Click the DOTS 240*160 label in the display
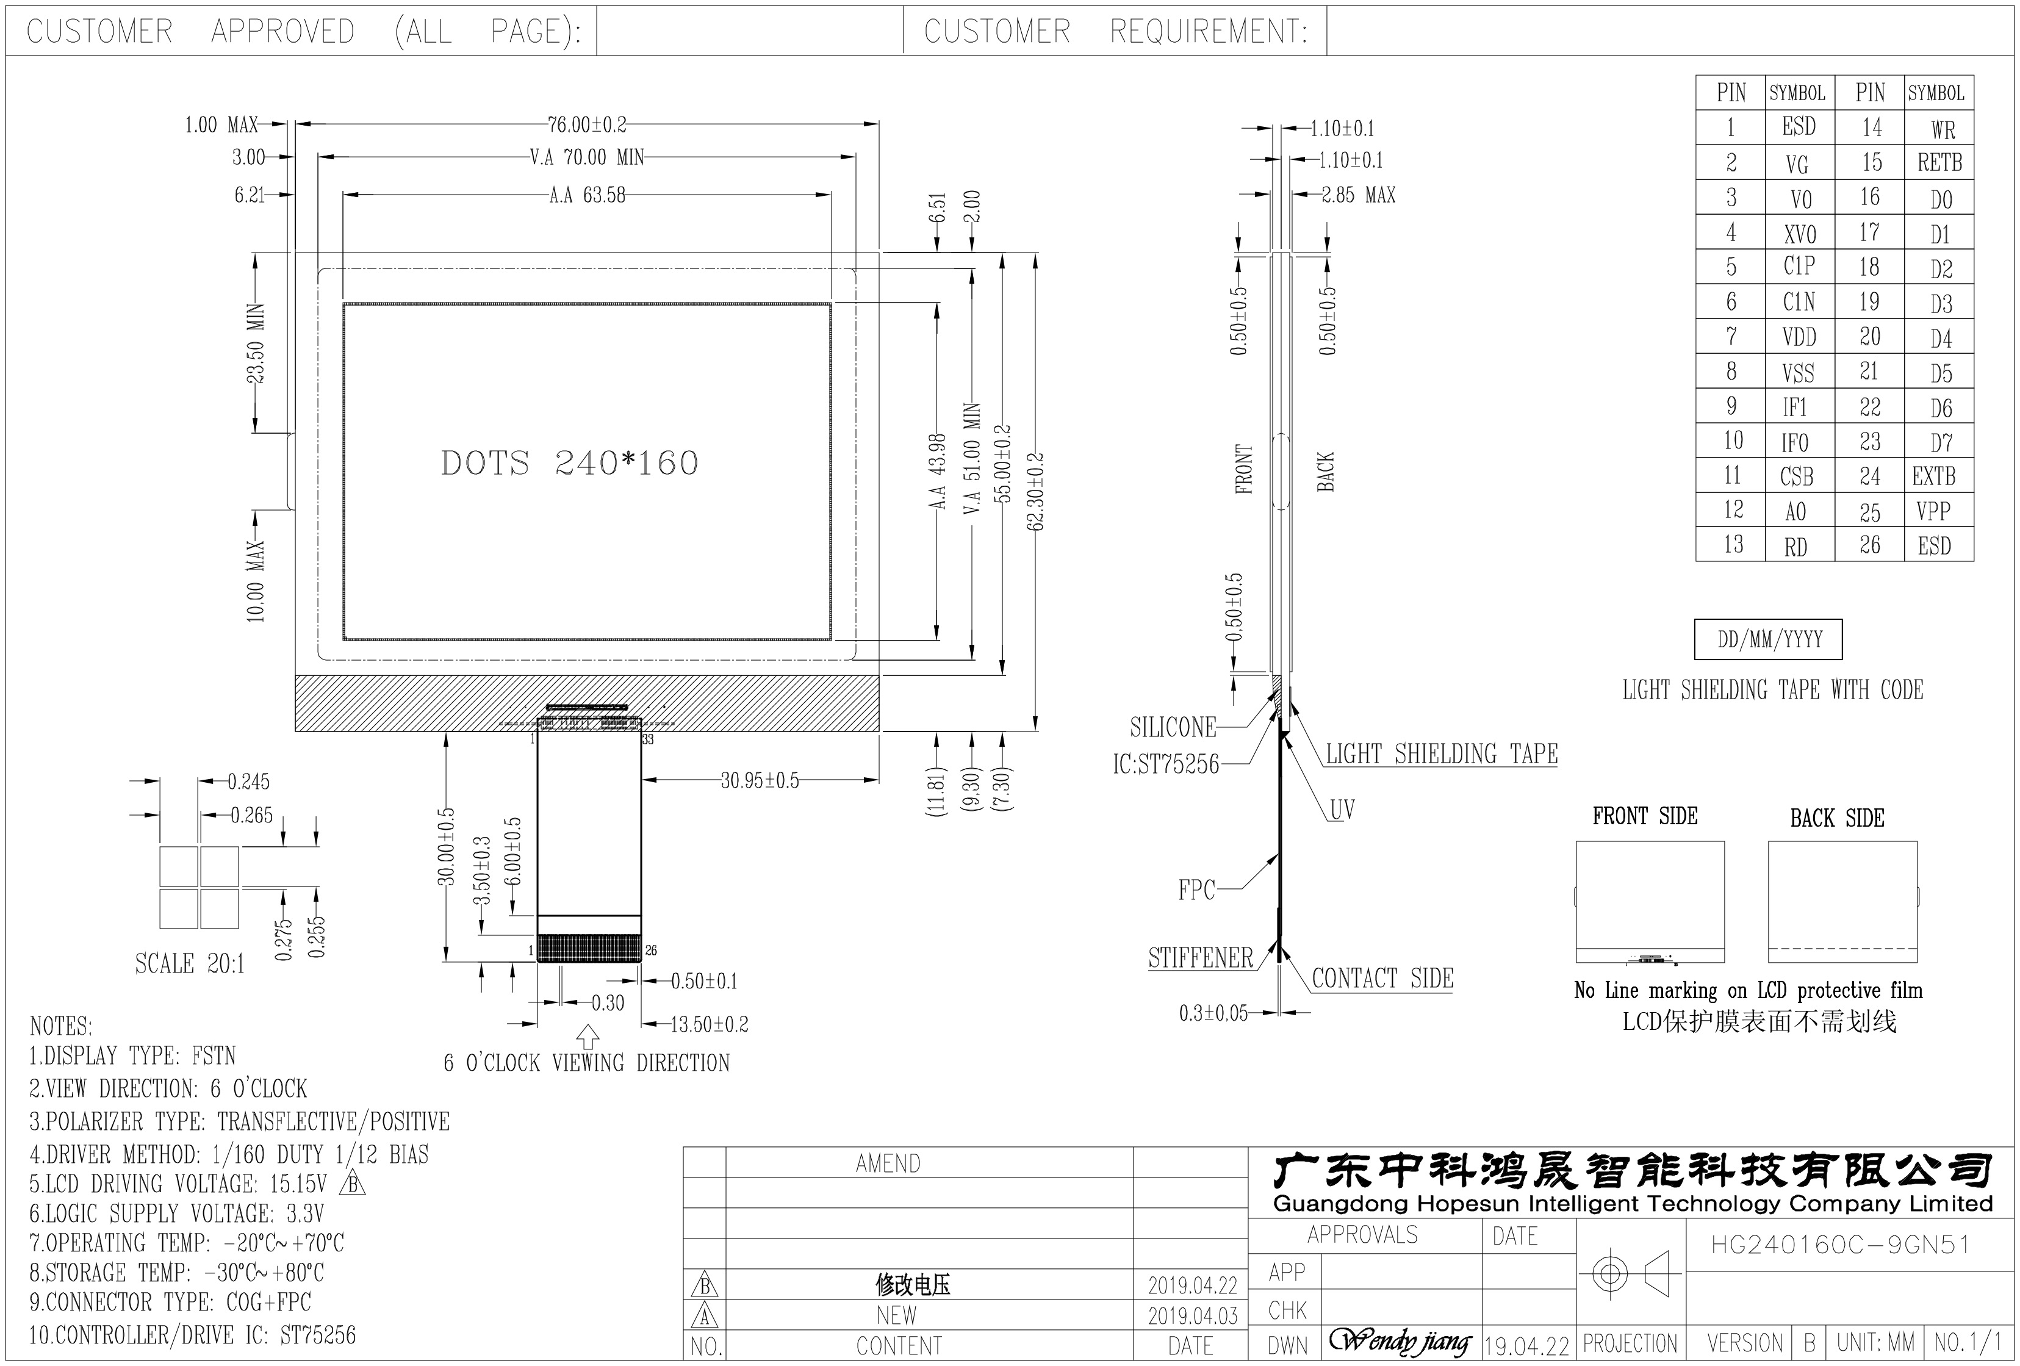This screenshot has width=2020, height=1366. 569,463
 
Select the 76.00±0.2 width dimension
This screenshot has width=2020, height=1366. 587,125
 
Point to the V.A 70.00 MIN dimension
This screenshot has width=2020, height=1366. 587,157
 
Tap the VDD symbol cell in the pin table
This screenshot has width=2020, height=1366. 1799,336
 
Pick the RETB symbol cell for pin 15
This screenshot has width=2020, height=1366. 1939,162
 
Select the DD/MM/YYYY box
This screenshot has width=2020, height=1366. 1768,639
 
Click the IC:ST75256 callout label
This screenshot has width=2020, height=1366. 1166,764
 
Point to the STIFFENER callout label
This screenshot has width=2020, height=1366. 1201,958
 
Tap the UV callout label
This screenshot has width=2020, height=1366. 1342,810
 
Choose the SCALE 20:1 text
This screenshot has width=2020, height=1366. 190,964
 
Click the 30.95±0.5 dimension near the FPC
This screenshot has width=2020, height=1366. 760,780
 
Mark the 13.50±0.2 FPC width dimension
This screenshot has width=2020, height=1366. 710,1024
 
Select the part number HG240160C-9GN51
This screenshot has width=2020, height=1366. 1840,1245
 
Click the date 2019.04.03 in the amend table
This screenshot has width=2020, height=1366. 1192,1315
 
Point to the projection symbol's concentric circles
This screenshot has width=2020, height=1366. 1610,1274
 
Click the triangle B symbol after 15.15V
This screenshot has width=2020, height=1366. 354,1184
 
